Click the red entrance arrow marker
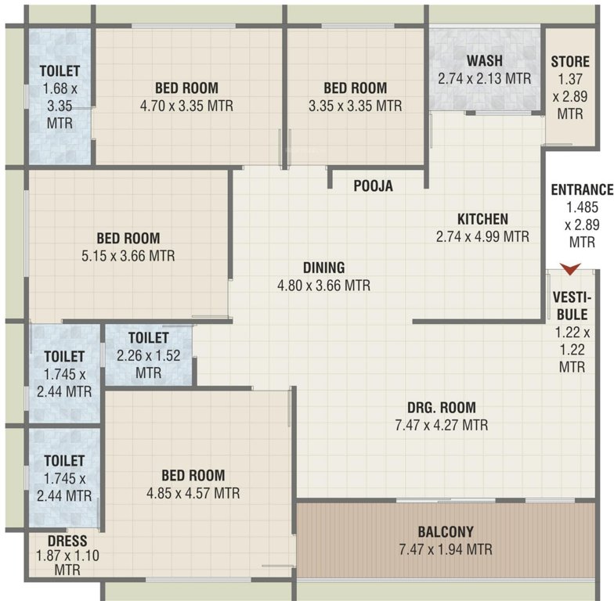572,269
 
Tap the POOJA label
374,186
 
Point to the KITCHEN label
483,218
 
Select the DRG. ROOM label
441,408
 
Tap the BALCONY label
445,532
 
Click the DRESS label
67,541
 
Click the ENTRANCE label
581,190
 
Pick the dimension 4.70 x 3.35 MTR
186,106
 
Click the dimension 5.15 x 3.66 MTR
128,256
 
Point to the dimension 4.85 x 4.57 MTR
193,493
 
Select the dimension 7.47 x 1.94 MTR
445,549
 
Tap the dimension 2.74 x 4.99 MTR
483,236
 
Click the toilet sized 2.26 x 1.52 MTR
149,355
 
